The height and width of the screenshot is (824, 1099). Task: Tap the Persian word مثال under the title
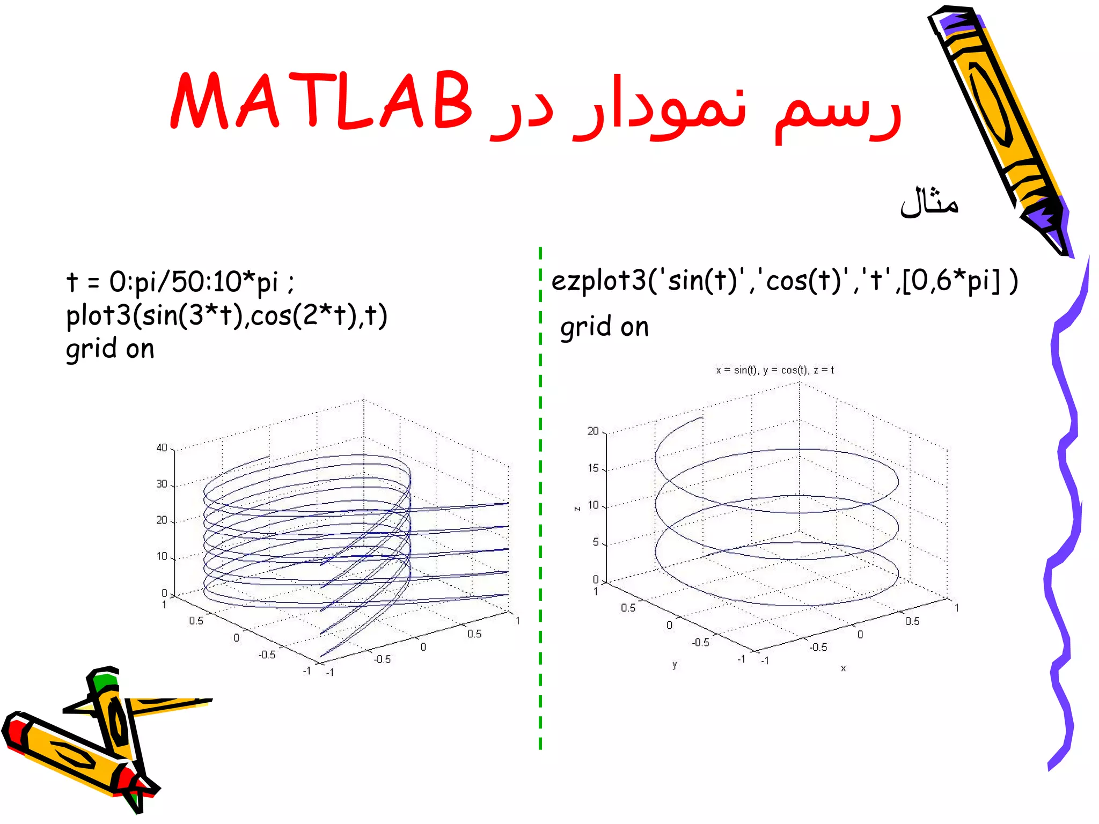pos(929,202)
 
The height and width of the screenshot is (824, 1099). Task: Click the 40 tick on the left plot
pos(162,448)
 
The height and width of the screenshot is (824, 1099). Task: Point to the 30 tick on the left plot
pos(162,484)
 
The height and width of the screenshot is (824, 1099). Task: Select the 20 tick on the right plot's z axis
pos(592,431)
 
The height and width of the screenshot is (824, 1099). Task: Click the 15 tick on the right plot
pos(592,468)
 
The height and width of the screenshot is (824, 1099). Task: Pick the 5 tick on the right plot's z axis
pos(595,542)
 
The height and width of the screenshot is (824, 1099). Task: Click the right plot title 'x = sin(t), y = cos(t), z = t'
pos(774,370)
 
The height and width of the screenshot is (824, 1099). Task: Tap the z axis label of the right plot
pos(577,508)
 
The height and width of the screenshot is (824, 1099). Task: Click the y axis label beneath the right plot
pos(675,665)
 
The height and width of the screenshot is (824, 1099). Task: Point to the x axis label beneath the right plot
pos(843,668)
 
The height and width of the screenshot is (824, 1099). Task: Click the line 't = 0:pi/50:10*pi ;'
pos(180,282)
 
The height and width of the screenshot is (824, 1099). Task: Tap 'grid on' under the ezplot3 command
pos(604,327)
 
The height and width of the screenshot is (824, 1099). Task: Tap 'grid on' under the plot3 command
pos(110,349)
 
